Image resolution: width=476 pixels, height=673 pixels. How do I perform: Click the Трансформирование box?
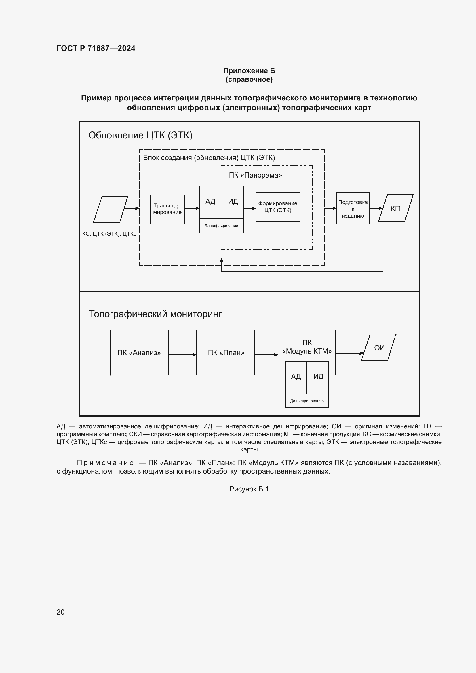(167, 209)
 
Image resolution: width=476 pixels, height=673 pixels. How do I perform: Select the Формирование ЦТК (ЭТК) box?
(277, 207)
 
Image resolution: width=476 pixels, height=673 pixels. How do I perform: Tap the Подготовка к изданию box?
(353, 209)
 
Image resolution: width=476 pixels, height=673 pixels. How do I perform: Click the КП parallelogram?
(395, 208)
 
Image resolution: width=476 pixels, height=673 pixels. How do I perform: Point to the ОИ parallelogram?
(379, 347)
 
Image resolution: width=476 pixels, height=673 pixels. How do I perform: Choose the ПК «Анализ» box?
(139, 353)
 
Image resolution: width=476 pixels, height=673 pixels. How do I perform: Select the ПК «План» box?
(226, 353)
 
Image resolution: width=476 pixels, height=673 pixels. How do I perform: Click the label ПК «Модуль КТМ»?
(307, 347)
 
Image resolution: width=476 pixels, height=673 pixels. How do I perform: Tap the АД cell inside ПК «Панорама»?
(210, 202)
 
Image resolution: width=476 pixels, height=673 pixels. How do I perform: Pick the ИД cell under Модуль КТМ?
(318, 377)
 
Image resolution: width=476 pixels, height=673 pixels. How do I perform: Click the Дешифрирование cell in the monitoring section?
(307, 401)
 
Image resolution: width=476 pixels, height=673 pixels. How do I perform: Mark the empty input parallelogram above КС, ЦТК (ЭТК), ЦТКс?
(111, 209)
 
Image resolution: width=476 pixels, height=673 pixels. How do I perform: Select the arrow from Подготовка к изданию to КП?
(376, 208)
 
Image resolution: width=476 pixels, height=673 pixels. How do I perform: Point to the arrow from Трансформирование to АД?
(192, 208)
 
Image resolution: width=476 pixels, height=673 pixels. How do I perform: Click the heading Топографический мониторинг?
(155, 314)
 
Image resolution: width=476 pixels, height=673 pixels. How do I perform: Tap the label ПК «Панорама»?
(255, 175)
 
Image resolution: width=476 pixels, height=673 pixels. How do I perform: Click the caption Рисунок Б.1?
(249, 489)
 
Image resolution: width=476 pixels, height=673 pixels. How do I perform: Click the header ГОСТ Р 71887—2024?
(96, 48)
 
